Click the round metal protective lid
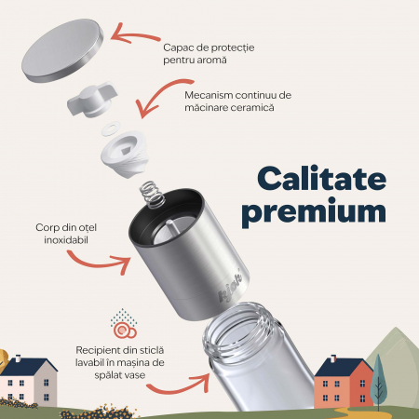point(62,50)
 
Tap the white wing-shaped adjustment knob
point(92,100)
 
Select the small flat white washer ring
point(110,128)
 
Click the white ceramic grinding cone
point(124,155)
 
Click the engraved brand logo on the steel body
point(230,286)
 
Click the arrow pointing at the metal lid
point(134,34)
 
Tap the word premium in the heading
point(314,211)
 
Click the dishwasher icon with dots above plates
point(124,323)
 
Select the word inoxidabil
point(66,240)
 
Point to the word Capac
point(174,48)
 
